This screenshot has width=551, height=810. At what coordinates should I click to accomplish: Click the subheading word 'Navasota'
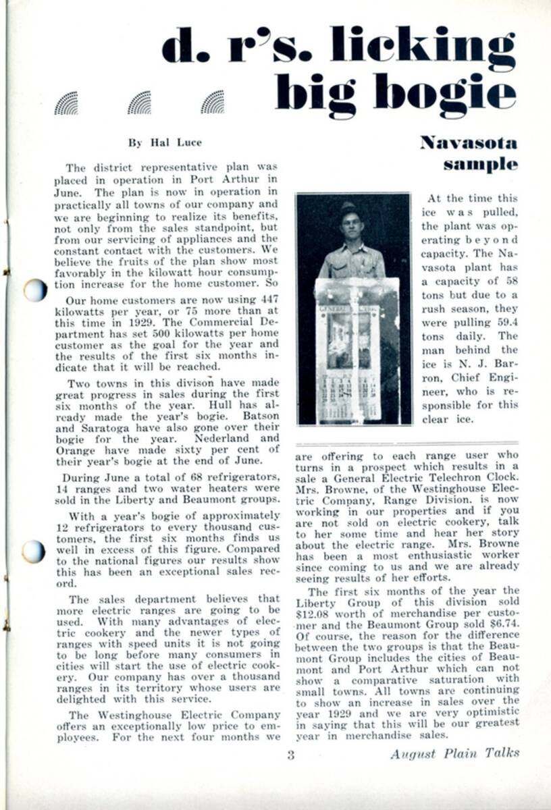point(468,142)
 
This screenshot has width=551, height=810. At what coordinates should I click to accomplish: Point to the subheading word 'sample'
point(480,164)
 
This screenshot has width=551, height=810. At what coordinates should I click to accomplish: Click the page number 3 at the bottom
point(290,755)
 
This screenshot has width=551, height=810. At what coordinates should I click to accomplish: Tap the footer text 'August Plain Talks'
point(454,754)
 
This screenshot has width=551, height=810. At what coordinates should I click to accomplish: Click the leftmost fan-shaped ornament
point(66,103)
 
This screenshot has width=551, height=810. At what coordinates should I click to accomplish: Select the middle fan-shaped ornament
point(139,103)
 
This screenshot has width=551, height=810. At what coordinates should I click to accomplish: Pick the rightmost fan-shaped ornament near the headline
point(212,103)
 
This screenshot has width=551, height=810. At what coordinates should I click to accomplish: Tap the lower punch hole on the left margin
point(34,551)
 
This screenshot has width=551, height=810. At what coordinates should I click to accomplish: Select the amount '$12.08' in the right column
point(313,615)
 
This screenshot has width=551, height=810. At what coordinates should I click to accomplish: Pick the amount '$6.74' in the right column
point(504,626)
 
